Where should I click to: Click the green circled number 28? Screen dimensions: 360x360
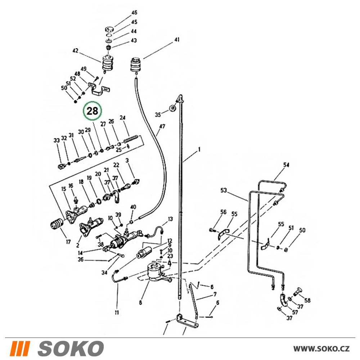93,111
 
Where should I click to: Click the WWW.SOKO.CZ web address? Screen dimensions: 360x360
321,349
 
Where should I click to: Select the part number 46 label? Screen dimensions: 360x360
134,13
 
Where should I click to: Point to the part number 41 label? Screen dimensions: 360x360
176,40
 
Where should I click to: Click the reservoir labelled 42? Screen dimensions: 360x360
107,63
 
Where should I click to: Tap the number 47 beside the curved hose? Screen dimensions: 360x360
162,126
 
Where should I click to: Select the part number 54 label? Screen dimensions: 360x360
286,165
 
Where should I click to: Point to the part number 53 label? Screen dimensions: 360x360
224,190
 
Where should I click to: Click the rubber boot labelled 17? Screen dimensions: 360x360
57,224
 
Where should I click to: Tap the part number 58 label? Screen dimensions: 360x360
307,300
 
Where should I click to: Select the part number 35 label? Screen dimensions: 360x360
158,114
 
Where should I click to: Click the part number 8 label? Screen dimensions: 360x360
140,303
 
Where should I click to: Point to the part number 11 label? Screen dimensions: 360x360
117,312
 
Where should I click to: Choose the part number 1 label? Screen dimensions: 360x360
199,149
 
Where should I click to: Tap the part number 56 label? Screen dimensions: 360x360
223,212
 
